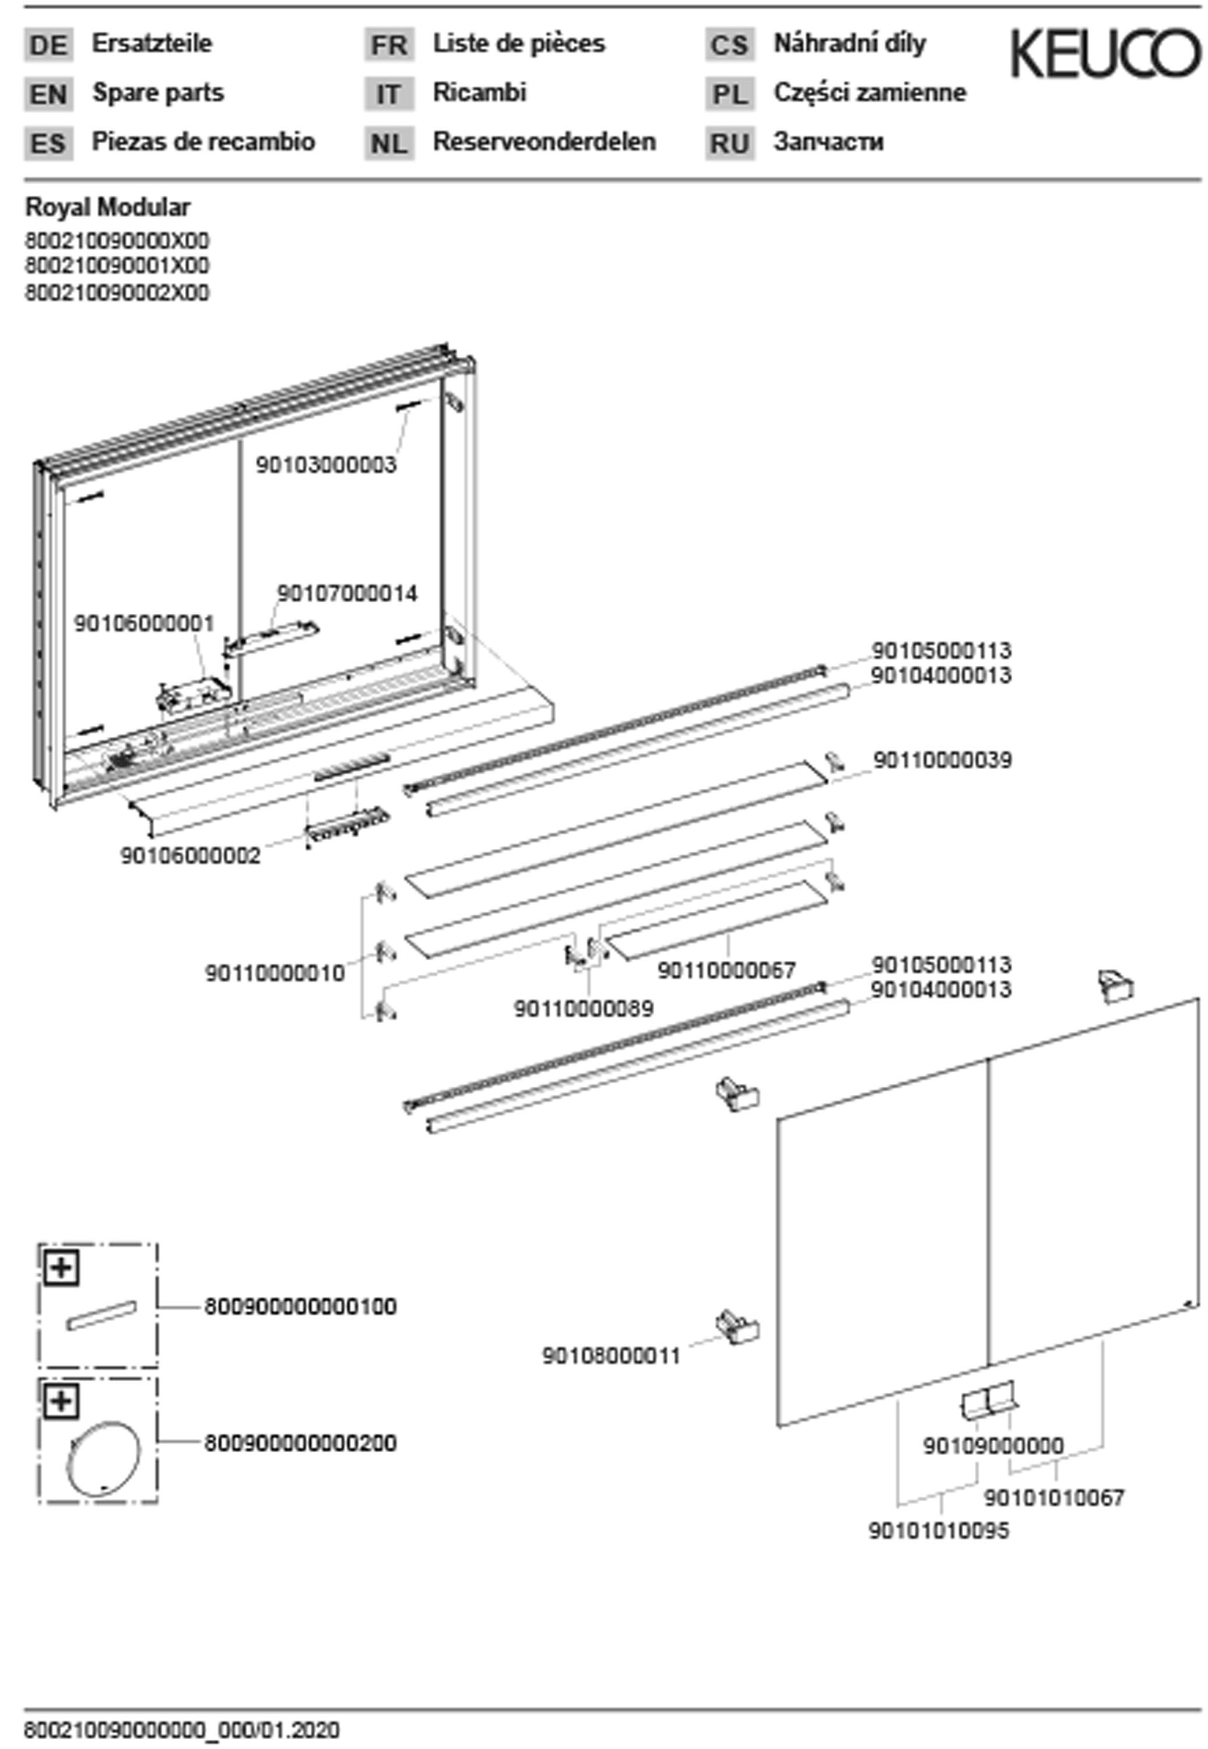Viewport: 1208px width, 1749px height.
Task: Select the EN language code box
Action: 48,94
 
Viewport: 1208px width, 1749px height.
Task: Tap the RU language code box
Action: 730,143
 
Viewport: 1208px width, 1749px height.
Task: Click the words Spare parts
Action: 158,92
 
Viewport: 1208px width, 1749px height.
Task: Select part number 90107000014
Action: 347,593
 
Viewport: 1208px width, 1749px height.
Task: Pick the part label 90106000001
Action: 144,624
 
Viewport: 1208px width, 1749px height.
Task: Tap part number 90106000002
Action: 190,856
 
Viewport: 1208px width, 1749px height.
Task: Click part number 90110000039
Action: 942,760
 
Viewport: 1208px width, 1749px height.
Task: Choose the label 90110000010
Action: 275,973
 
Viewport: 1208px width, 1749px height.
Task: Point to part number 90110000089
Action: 584,1009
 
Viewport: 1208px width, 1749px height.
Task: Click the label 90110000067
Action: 726,970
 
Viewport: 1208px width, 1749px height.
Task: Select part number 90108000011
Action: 612,1355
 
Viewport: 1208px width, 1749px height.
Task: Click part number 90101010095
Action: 939,1531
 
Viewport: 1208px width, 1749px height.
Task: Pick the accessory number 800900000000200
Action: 300,1444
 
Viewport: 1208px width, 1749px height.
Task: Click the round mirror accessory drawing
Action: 104,1457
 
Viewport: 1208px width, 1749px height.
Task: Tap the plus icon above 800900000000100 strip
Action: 62,1267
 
